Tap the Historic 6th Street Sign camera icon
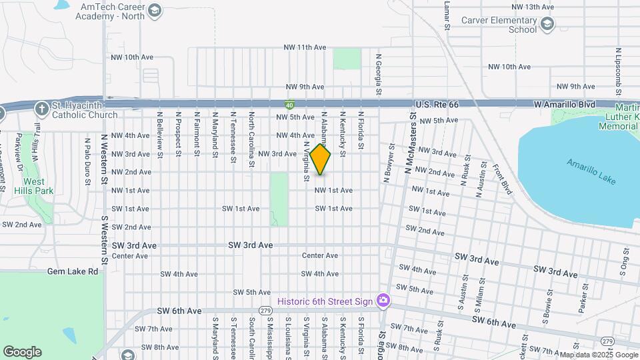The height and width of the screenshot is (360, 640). tap(383, 301)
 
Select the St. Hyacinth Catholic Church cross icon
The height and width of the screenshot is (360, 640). tap(41, 108)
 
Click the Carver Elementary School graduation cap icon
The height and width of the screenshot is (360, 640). tap(547, 25)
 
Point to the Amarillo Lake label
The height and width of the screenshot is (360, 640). tap(591, 171)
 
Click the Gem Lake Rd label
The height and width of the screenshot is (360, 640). tap(73, 271)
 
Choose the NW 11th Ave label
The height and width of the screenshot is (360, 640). tap(305, 47)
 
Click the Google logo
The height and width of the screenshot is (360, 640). tap(22, 351)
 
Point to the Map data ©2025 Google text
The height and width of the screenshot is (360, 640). tap(597, 355)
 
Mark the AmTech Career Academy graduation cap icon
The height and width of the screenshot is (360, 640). tap(155, 11)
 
